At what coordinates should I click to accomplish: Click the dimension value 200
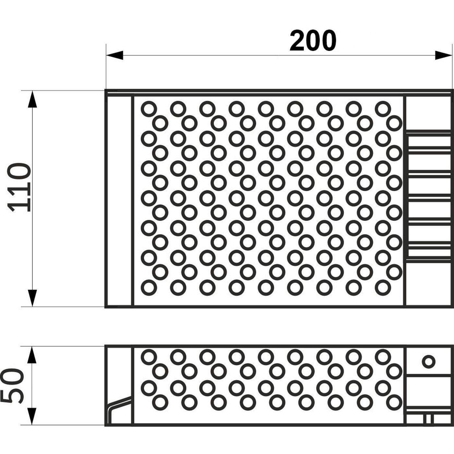pyautogui.click(x=313, y=41)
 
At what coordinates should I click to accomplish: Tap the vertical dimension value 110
pyautogui.click(x=19, y=187)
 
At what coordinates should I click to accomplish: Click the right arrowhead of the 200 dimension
pyautogui.click(x=443, y=55)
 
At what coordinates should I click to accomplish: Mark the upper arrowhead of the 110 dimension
pyautogui.click(x=32, y=99)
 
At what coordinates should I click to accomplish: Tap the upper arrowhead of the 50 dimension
pyautogui.click(x=32, y=355)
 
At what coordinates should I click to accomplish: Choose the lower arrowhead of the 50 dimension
pyautogui.click(x=32, y=416)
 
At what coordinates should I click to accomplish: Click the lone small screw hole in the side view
pyautogui.click(x=428, y=361)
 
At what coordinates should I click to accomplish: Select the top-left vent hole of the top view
pyautogui.click(x=149, y=109)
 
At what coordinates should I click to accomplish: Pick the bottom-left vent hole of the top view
pyautogui.click(x=149, y=287)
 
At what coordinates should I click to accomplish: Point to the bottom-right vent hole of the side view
pyautogui.click(x=394, y=402)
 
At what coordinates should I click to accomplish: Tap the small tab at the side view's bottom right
pyautogui.click(x=428, y=419)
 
